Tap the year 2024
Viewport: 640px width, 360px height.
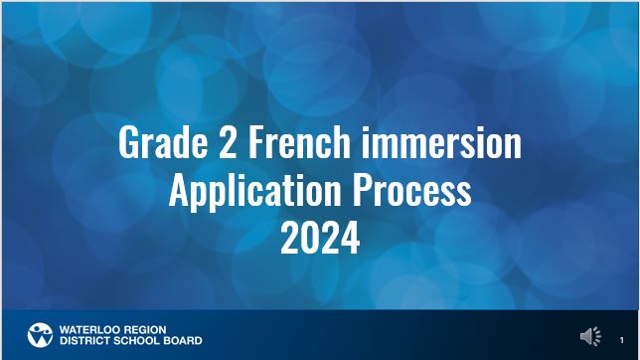(x=319, y=238)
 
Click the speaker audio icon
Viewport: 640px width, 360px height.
(x=591, y=337)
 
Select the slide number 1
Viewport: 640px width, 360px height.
(x=622, y=340)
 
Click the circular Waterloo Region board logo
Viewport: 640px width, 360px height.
(x=39, y=334)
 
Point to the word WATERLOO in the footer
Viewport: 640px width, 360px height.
(x=88, y=328)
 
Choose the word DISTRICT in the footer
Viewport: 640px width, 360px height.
(x=84, y=340)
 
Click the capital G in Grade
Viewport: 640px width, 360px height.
(x=128, y=144)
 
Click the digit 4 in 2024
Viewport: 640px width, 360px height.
(x=350, y=238)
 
